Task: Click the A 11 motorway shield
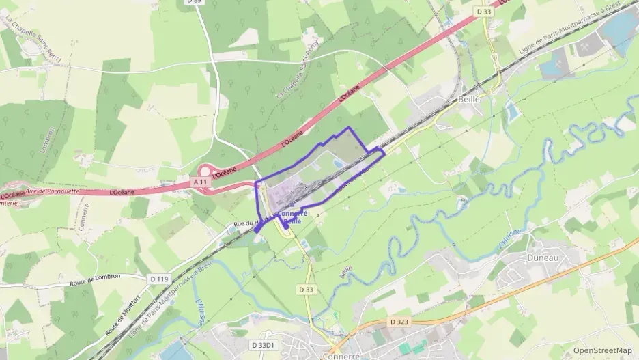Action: click(199, 182)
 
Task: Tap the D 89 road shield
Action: click(194, 3)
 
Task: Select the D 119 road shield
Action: click(159, 279)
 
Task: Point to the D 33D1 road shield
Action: click(262, 346)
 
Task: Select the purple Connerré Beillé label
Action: click(292, 217)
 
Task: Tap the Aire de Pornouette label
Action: click(52, 192)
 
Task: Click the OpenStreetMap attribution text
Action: click(602, 350)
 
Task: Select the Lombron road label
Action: click(47, 141)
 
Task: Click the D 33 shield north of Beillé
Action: click(483, 12)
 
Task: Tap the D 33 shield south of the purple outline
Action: click(307, 290)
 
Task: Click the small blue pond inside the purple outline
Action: click(339, 163)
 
